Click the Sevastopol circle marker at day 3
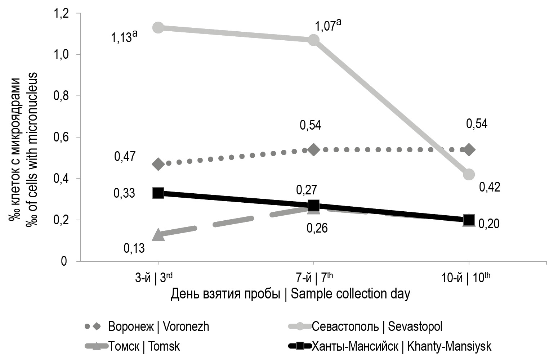click(x=158, y=27)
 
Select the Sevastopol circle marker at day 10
click(x=469, y=175)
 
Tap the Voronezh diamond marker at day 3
click(x=158, y=164)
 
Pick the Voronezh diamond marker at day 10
click(x=469, y=150)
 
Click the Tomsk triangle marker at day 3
click(x=158, y=235)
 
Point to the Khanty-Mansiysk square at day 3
click(x=158, y=193)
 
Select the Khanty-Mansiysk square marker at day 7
click(x=313, y=206)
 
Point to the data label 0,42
click(x=490, y=188)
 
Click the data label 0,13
click(x=134, y=248)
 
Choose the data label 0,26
click(x=317, y=228)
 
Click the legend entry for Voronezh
click(x=159, y=327)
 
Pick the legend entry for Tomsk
click(x=144, y=347)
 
